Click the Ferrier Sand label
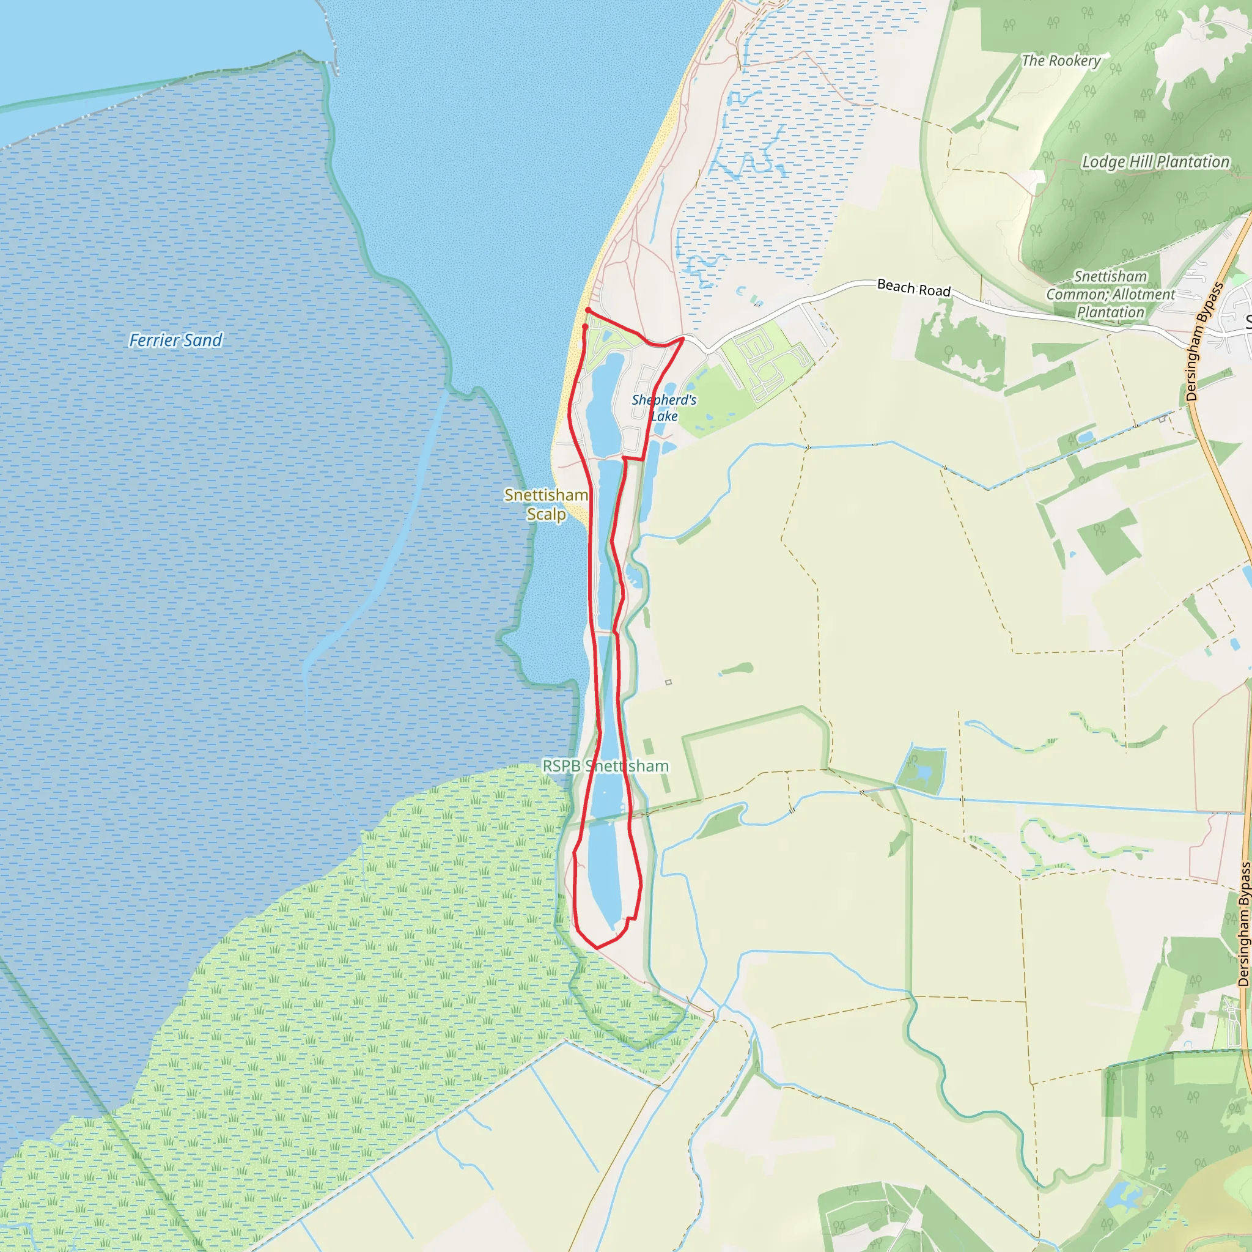pos(175,341)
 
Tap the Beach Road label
pos(913,288)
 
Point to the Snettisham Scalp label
pos(547,504)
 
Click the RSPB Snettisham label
pos(605,766)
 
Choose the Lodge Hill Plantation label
pos(1155,162)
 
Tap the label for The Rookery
pos(1061,61)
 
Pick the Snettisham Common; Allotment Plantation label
pos(1111,294)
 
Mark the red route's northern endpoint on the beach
pos(587,311)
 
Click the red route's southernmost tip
pos(597,948)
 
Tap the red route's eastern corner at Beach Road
pos(682,338)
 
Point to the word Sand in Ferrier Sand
pos(203,341)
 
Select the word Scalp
pos(547,515)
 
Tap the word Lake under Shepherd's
pos(665,416)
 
